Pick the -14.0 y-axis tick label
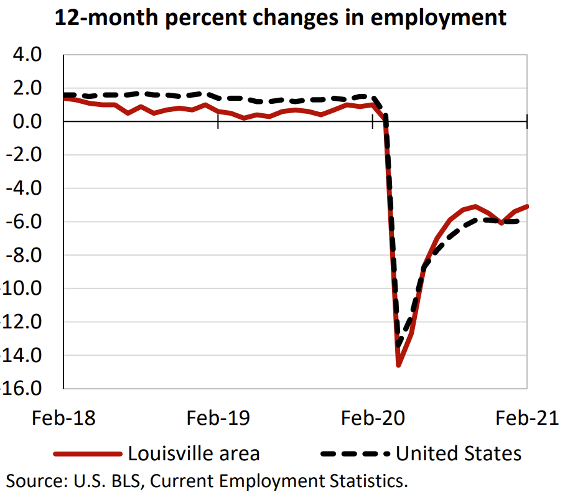click(x=20, y=356)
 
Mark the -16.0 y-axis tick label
click(x=20, y=389)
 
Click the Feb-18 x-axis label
click(x=63, y=418)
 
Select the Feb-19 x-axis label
click(x=218, y=418)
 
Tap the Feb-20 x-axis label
click(x=372, y=418)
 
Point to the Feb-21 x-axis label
click(x=526, y=418)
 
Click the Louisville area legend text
click(x=194, y=453)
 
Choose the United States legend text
click(x=459, y=453)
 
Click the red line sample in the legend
click(x=88, y=454)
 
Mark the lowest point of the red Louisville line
click(x=398, y=365)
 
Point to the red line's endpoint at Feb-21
click(x=527, y=206)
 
